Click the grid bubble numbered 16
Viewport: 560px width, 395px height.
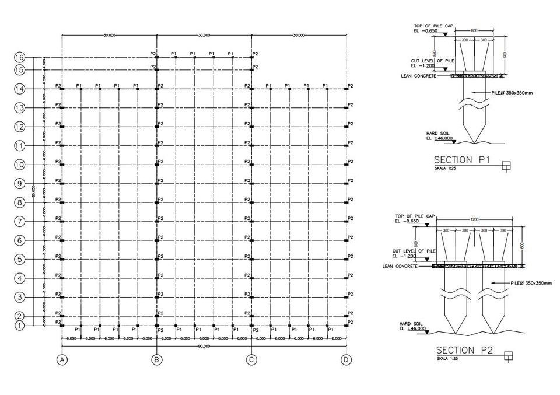point(19,57)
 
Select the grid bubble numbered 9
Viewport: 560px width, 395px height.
point(19,184)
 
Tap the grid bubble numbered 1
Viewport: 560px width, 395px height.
point(19,326)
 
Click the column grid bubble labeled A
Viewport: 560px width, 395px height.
point(62,360)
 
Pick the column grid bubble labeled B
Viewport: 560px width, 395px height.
point(156,360)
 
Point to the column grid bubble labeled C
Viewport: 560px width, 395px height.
point(251,360)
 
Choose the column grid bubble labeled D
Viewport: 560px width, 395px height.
point(346,360)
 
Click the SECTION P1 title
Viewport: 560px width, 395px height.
point(461,160)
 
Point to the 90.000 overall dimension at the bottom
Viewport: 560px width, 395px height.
point(204,346)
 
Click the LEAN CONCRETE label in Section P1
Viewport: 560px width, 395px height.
point(418,76)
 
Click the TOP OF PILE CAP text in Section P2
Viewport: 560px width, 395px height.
point(416,216)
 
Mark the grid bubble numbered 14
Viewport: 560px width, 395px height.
point(19,89)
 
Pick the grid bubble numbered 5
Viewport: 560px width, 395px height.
point(19,260)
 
